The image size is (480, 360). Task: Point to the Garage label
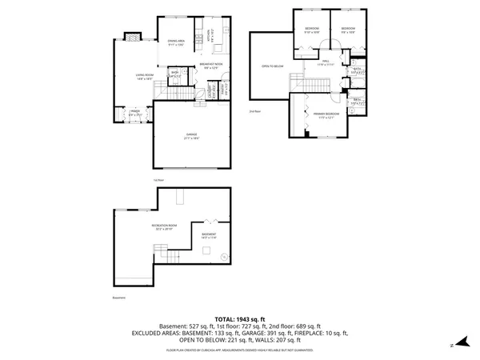(191, 135)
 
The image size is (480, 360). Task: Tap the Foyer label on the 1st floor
(134, 113)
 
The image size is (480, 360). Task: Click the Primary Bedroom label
(326, 115)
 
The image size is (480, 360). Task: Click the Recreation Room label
(164, 227)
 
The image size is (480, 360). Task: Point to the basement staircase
(174, 256)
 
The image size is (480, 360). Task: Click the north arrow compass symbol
(454, 345)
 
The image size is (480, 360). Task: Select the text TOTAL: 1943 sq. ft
(240, 319)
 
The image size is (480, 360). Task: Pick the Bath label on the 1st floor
(174, 74)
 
